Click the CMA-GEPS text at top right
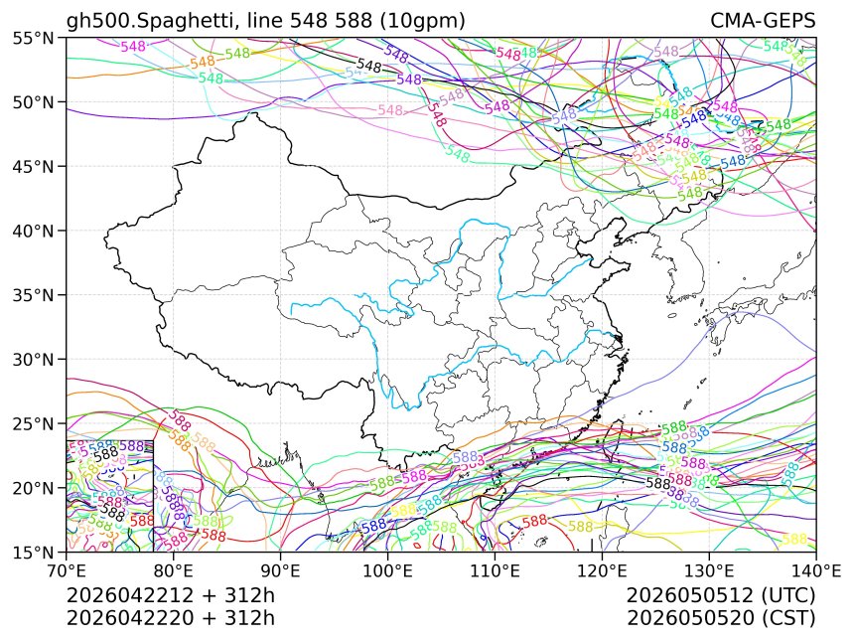763,21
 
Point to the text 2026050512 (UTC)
721,595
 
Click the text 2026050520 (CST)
721,617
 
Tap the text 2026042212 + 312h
170,595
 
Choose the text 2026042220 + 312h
170,617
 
